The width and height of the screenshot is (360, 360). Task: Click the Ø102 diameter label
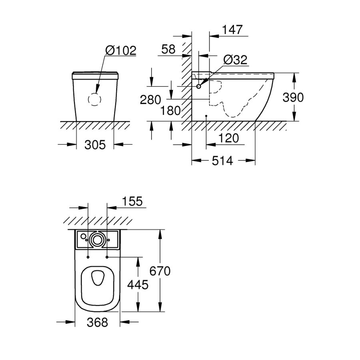point(121,50)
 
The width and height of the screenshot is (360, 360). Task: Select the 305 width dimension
point(95,144)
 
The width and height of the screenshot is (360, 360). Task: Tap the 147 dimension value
point(232,30)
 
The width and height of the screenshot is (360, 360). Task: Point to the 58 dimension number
point(168,49)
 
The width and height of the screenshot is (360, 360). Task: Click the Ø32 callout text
point(236,60)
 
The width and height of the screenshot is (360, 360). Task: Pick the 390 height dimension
point(293,97)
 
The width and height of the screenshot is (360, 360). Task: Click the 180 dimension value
point(170,111)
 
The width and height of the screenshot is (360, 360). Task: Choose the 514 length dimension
point(222,161)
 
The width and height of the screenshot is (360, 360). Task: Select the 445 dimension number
point(138,284)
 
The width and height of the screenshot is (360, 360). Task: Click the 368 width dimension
point(97,322)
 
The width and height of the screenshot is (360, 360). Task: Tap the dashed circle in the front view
point(95,99)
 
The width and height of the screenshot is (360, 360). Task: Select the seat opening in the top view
point(97,278)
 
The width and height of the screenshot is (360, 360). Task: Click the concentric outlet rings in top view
point(97,240)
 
